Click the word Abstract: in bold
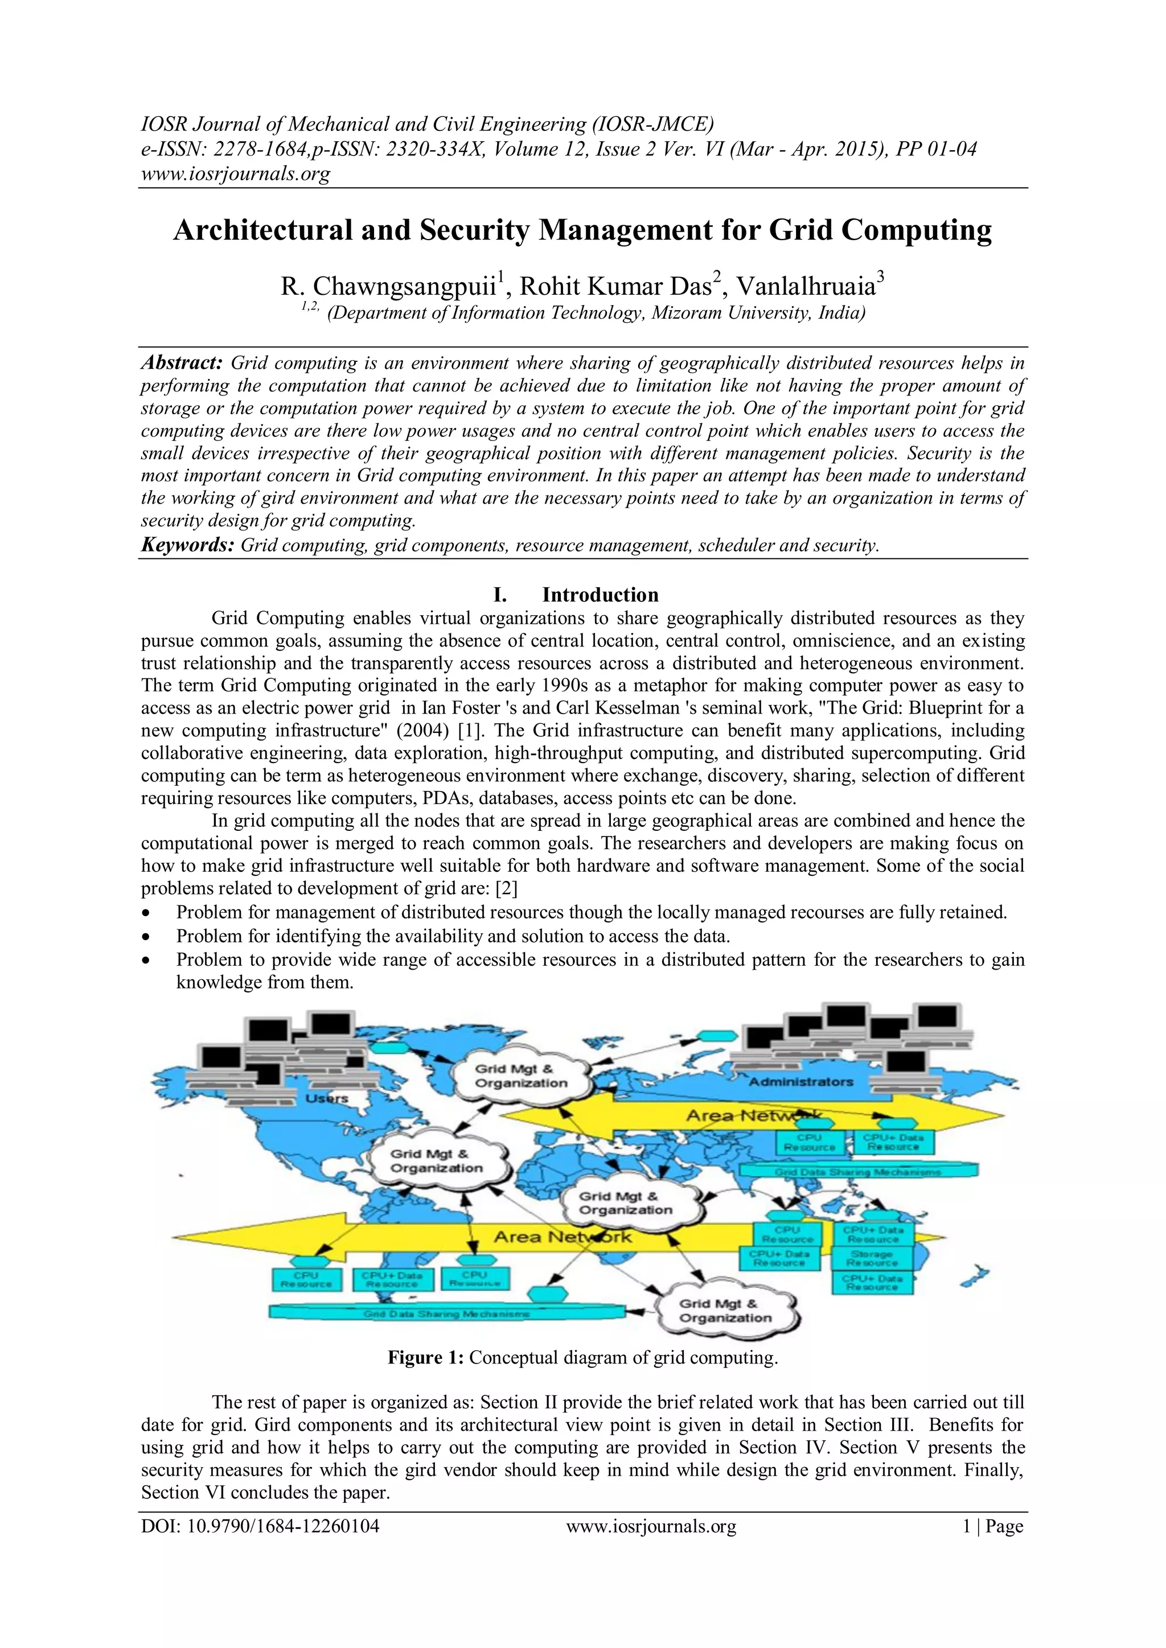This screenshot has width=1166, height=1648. pos(182,362)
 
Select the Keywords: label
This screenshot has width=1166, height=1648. pos(187,545)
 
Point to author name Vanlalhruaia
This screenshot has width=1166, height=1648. pos(806,286)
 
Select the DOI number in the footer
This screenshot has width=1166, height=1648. pos(260,1527)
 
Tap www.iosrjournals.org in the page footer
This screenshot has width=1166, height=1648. pos(651,1527)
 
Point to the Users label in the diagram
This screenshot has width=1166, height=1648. pos(327,1099)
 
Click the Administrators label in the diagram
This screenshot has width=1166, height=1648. pos(800,1082)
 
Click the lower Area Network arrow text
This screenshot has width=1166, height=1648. pos(562,1237)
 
